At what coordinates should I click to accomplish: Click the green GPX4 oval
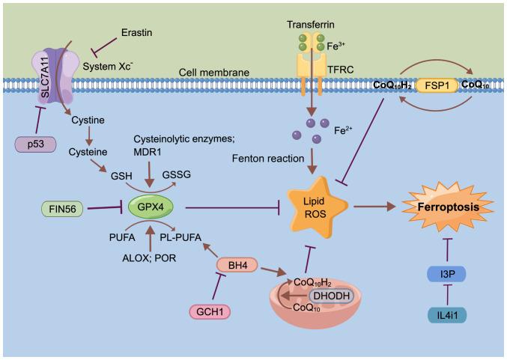point(149,204)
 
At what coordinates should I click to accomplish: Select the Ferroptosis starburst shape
point(448,203)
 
